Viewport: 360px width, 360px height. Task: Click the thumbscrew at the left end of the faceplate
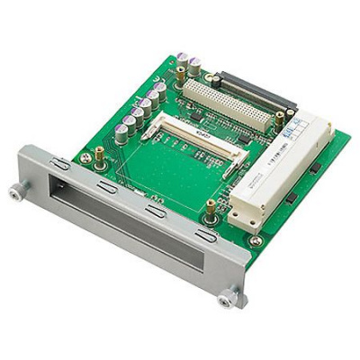(x=15, y=191)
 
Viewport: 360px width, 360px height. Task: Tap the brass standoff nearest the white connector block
(x=210, y=209)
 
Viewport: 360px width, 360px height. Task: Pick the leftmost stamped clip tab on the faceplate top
(x=60, y=164)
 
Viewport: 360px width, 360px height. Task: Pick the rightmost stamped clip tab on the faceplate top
(x=206, y=236)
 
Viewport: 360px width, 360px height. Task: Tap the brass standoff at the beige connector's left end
(x=181, y=75)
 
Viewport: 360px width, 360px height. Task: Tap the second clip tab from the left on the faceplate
(x=105, y=185)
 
